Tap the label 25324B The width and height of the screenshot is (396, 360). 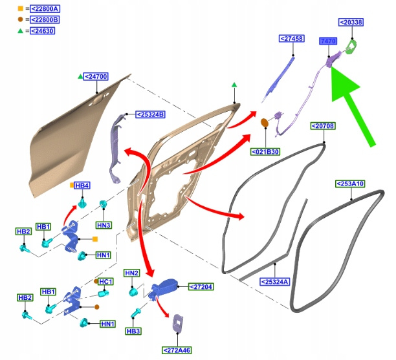pyautogui.click(x=150, y=114)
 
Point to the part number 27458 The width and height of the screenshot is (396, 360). pyautogui.click(x=292, y=39)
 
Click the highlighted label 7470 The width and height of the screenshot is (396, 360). pyautogui.click(x=329, y=41)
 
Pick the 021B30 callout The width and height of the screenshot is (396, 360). pyautogui.click(x=265, y=152)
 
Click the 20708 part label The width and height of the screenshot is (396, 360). pyautogui.click(x=322, y=125)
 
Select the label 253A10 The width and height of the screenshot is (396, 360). pyautogui.click(x=350, y=184)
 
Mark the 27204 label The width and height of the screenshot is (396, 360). pyautogui.click(x=201, y=286)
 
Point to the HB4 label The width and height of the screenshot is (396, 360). pyautogui.click(x=82, y=185)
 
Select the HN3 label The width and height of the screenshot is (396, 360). pyautogui.click(x=104, y=225)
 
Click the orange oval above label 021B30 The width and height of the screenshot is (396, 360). pyautogui.click(x=264, y=122)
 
